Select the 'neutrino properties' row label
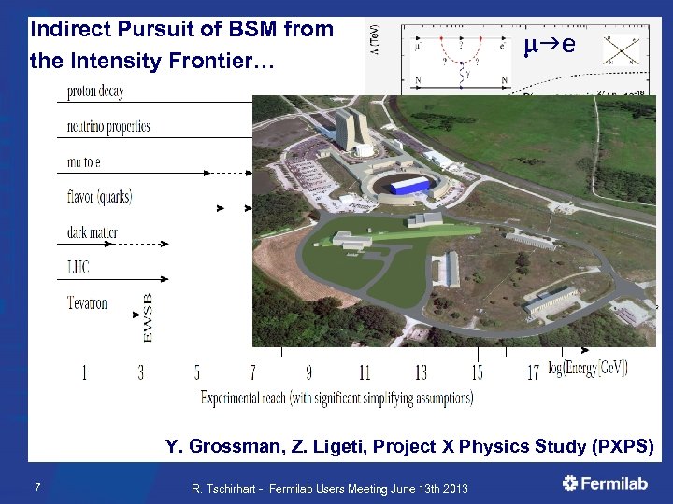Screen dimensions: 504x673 [x=108, y=126]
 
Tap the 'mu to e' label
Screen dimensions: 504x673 [x=84, y=161]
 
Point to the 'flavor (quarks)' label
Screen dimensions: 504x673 [x=100, y=197]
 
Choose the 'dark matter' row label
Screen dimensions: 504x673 [x=93, y=232]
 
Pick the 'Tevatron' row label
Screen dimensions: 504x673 [x=87, y=303]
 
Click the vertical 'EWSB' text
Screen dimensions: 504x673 [x=148, y=318]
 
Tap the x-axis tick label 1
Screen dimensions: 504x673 [x=85, y=373]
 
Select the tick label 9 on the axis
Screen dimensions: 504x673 [x=308, y=373]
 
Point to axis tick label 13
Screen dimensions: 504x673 [x=421, y=373]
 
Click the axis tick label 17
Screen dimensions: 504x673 [x=533, y=373]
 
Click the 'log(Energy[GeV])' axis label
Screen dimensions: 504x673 [x=589, y=368]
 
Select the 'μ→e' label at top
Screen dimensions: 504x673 [x=550, y=44]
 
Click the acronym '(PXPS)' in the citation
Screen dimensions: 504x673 [x=623, y=446]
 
